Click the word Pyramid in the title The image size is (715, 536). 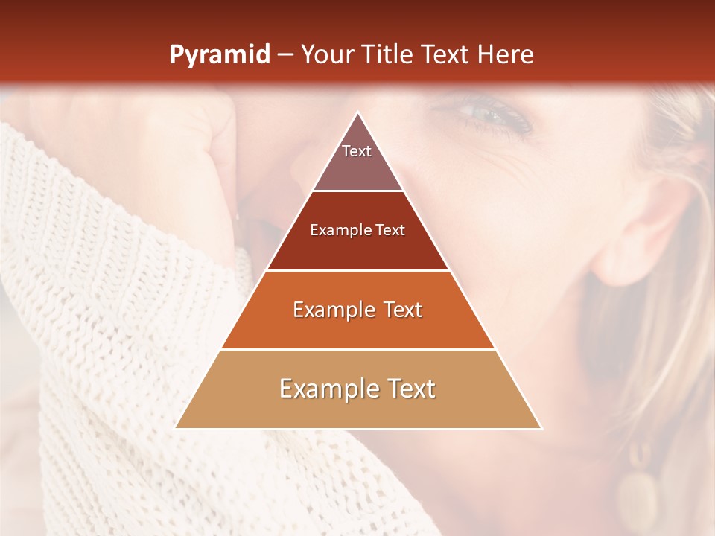click(x=219, y=55)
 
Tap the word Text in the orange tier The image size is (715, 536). click(x=398, y=310)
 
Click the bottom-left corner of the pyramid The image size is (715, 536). click(x=177, y=427)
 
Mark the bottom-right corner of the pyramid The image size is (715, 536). click(x=540, y=427)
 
